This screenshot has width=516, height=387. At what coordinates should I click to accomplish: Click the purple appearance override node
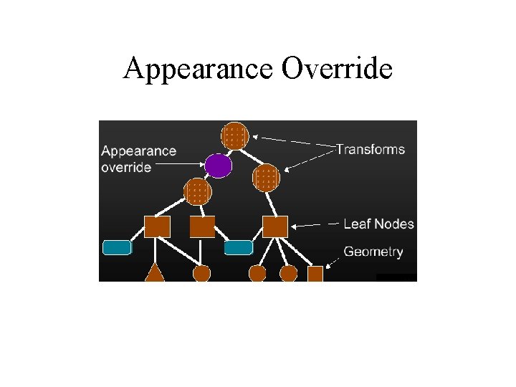click(x=218, y=166)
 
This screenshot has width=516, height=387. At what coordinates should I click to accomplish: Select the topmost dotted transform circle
click(x=235, y=135)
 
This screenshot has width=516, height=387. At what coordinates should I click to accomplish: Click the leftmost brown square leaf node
click(x=157, y=226)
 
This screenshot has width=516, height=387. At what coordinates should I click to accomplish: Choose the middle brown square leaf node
click(x=202, y=226)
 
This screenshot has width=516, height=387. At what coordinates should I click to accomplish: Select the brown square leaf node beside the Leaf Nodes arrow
click(x=274, y=226)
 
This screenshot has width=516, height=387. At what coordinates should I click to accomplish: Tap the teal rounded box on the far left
click(x=118, y=248)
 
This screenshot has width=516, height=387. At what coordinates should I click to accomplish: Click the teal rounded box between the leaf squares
click(x=239, y=248)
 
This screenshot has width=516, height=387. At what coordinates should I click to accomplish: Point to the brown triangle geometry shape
click(x=155, y=273)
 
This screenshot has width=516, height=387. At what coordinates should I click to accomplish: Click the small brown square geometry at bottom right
click(x=315, y=274)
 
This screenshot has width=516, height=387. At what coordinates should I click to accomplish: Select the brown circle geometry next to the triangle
click(x=202, y=274)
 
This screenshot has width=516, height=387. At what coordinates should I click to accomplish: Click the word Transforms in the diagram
click(x=371, y=150)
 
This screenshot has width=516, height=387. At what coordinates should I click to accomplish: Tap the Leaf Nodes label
click(x=378, y=224)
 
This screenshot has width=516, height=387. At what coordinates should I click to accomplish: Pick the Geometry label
click(x=373, y=252)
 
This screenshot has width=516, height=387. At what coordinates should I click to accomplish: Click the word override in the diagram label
click(x=126, y=167)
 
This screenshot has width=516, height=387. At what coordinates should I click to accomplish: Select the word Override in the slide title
click(x=337, y=69)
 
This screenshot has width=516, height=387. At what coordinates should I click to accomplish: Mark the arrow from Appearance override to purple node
click(x=179, y=166)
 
